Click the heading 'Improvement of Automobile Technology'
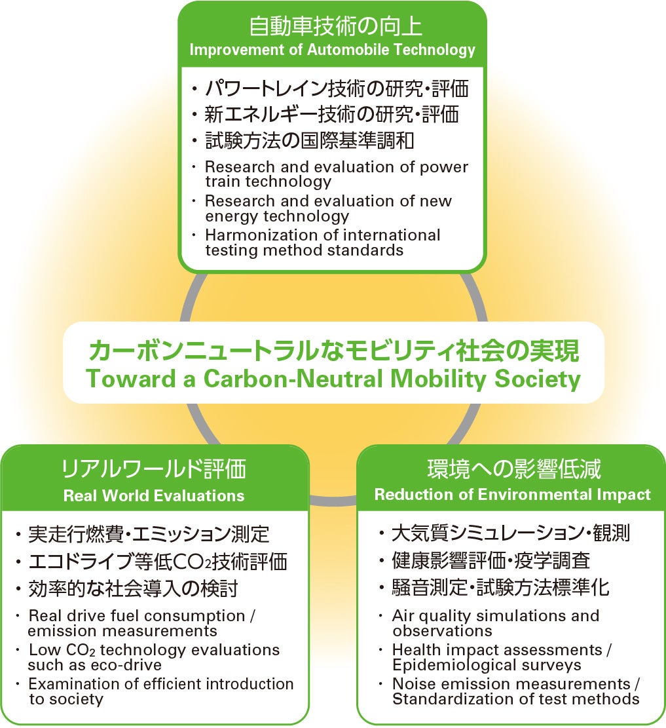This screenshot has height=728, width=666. pyautogui.click(x=332, y=50)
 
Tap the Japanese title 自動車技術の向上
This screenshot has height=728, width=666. pyautogui.click(x=335, y=26)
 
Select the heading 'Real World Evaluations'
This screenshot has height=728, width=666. pyautogui.click(x=154, y=495)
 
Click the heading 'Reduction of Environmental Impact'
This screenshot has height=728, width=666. pyautogui.click(x=512, y=495)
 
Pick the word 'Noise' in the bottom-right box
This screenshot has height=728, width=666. pyautogui.click(x=415, y=684)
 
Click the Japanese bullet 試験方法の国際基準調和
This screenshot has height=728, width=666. pyautogui.click(x=310, y=141)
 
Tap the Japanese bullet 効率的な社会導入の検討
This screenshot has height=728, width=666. pyautogui.click(x=133, y=588)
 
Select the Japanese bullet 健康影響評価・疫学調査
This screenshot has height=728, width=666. pyautogui.click(x=491, y=560)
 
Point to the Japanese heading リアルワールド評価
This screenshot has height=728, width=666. pyautogui.click(x=154, y=469)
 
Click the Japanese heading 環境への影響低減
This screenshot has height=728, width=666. pyautogui.click(x=514, y=469)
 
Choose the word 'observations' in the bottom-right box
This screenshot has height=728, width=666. pyautogui.click(x=442, y=631)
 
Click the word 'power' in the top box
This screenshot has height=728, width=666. pyautogui.click(x=444, y=168)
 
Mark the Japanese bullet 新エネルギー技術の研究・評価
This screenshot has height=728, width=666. pyautogui.click(x=332, y=114)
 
